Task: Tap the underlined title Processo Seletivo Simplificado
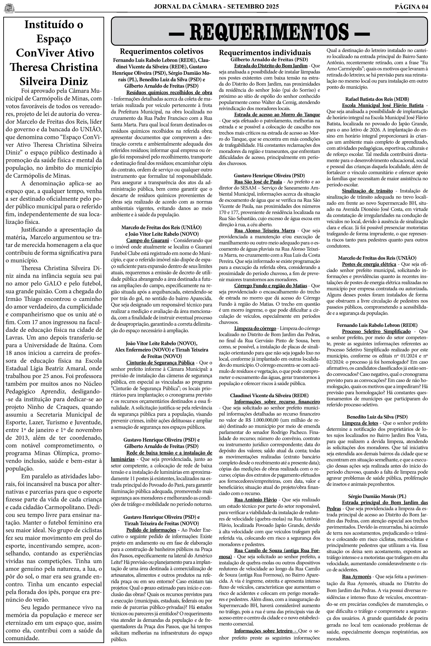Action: pyautogui.click(x=376, y=332)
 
